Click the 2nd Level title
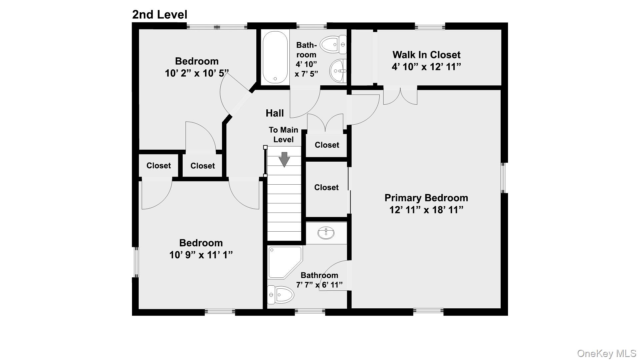click(160, 14)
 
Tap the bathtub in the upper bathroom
click(275, 57)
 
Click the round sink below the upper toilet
click(338, 71)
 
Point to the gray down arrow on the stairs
click(284, 159)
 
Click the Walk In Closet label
click(426, 55)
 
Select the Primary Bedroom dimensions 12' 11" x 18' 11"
click(426, 210)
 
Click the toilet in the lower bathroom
click(281, 295)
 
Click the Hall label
click(275, 113)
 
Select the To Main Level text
click(283, 135)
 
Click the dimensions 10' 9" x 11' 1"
click(201, 255)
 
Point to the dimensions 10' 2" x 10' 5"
click(197, 73)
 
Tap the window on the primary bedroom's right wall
click(504, 178)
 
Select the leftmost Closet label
click(158, 166)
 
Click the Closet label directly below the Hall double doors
click(327, 145)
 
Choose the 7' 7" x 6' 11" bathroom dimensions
click(319, 285)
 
